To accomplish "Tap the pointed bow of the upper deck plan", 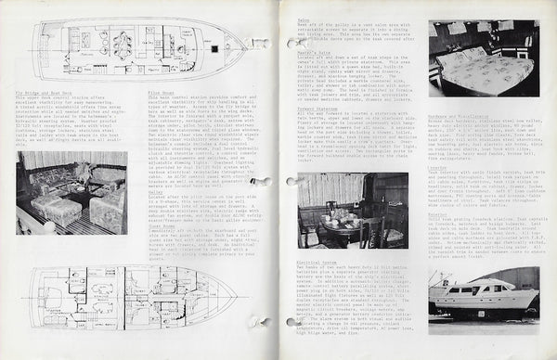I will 243,43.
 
